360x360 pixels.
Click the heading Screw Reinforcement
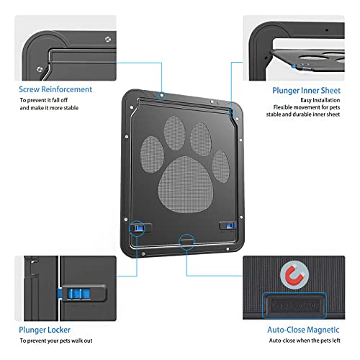click(55, 89)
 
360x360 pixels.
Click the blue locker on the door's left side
click(136, 228)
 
